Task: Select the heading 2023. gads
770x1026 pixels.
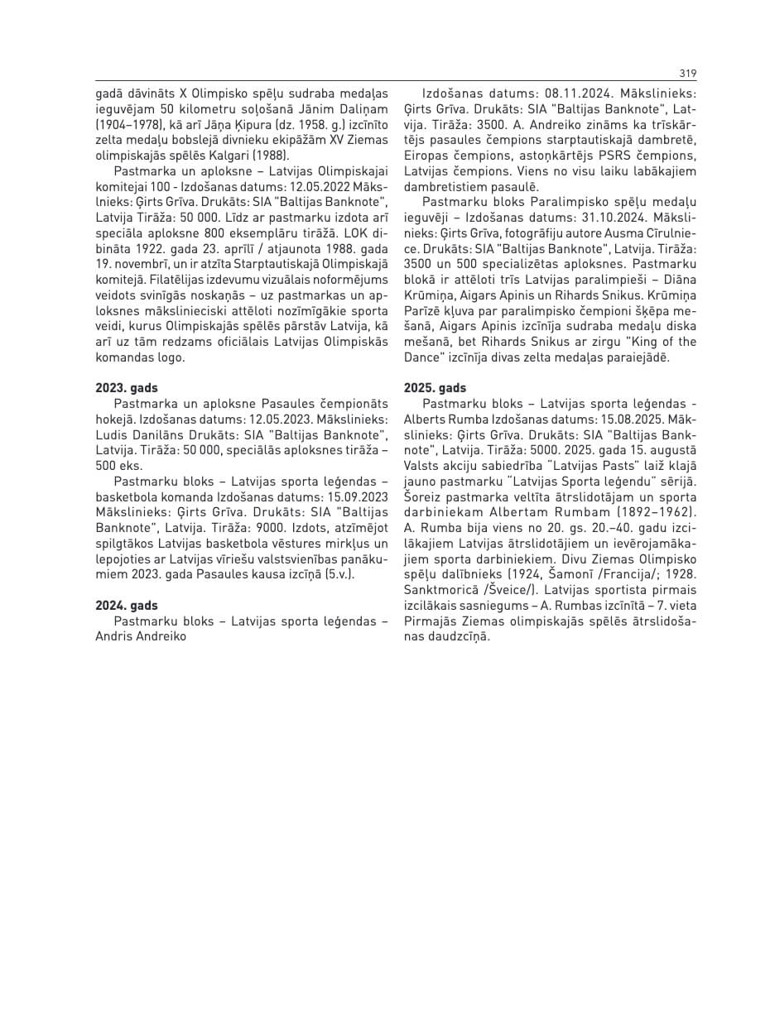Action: click(127, 387)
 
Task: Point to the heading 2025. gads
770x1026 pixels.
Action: click(435, 387)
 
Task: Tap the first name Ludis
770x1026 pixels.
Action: click(113, 435)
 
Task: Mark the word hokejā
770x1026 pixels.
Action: click(114, 420)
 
